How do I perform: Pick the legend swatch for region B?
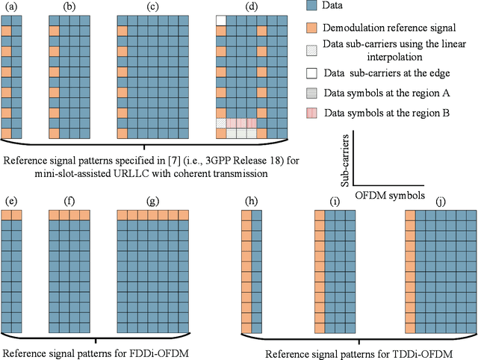click(313, 114)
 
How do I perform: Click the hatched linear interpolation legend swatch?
click(313, 46)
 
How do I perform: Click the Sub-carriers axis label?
click(344, 159)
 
